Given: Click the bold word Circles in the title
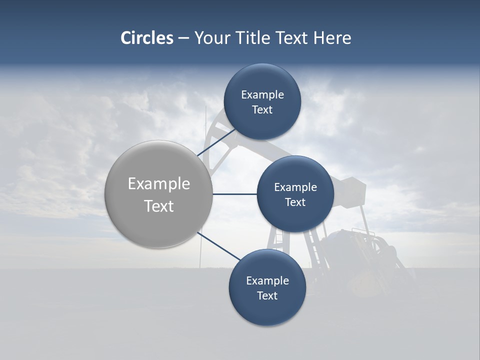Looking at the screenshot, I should click(x=146, y=38).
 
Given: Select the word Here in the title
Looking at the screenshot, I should click(x=332, y=38).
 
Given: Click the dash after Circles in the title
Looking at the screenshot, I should click(x=183, y=38).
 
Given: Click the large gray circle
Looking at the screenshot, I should click(x=158, y=194).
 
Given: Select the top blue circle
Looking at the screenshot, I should click(x=262, y=102).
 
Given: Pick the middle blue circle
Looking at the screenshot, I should click(x=295, y=194).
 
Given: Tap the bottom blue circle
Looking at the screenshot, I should click(x=267, y=287).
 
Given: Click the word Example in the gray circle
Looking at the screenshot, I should click(x=158, y=184).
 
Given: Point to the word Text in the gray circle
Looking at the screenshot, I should click(x=158, y=206).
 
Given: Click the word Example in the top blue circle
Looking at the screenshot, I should click(x=262, y=95).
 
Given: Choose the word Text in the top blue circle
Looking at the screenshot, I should click(x=262, y=110).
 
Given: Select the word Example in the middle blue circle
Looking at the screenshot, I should click(x=295, y=187).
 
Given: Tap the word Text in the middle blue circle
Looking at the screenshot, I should click(x=295, y=202).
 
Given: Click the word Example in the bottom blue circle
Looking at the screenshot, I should click(x=267, y=281).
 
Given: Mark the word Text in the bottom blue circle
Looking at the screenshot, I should click(x=267, y=296).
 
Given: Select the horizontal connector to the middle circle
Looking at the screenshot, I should click(x=234, y=194).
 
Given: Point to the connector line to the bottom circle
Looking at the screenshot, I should click(x=219, y=246).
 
